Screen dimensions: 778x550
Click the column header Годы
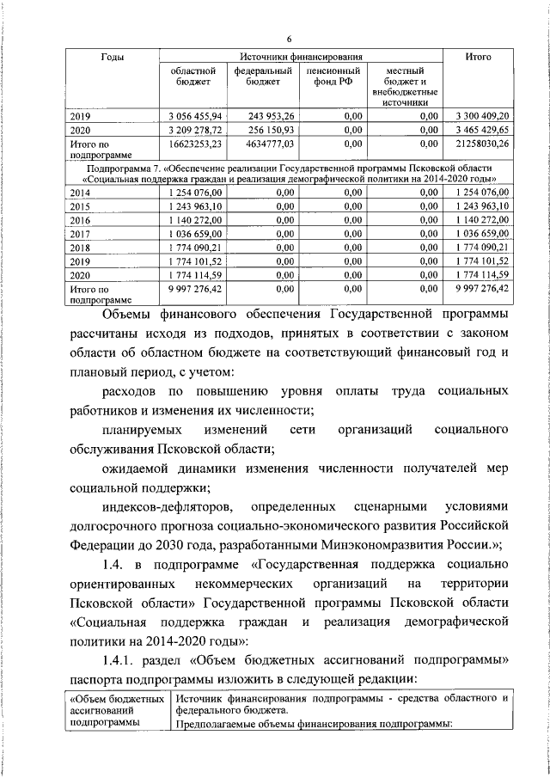point(113,57)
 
